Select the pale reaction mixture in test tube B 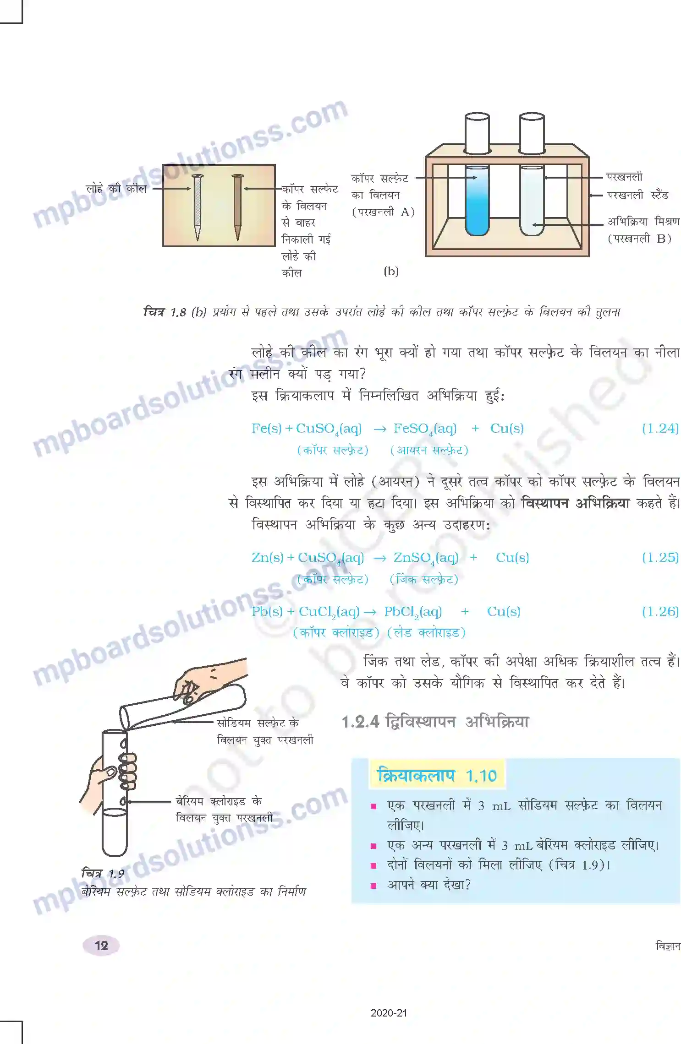532,206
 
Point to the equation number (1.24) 660,429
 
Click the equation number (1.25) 660,558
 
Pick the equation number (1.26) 660,612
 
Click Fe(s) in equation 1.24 266,429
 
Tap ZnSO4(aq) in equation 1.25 426,558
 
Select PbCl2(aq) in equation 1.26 413,612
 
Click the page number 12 101,946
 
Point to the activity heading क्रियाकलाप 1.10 437,776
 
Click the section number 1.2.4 361,722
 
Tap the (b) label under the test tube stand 391,272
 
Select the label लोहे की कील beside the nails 116,189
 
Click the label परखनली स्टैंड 637,196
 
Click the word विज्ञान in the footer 668,946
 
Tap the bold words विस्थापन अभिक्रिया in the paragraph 575,503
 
